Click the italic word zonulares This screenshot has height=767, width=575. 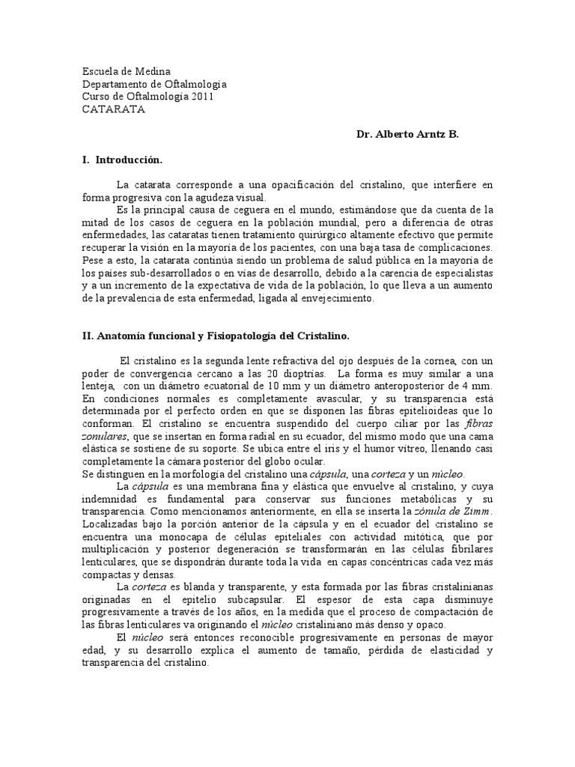pyautogui.click(x=105, y=437)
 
